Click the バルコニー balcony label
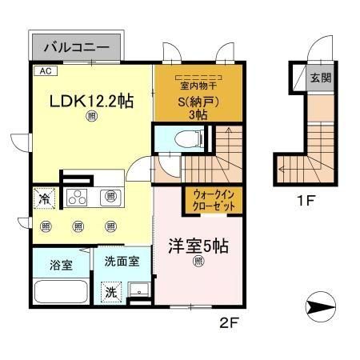(x=76, y=46)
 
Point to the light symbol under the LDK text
(x=93, y=118)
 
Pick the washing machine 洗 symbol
(x=110, y=291)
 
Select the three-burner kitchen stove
(x=81, y=196)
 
